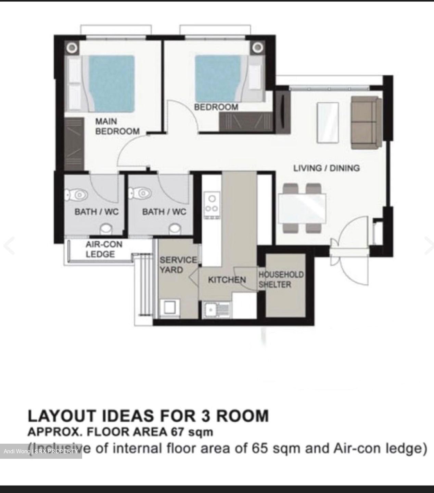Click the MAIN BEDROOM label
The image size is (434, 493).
click(117, 126)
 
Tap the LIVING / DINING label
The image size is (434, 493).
click(326, 168)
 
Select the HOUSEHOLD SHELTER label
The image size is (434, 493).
click(281, 279)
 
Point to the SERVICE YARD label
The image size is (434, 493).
click(178, 265)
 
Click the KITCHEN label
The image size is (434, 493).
click(227, 280)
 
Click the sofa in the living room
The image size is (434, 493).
click(366, 122)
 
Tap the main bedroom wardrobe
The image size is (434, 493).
click(74, 144)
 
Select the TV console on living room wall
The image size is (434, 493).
click(283, 112)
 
